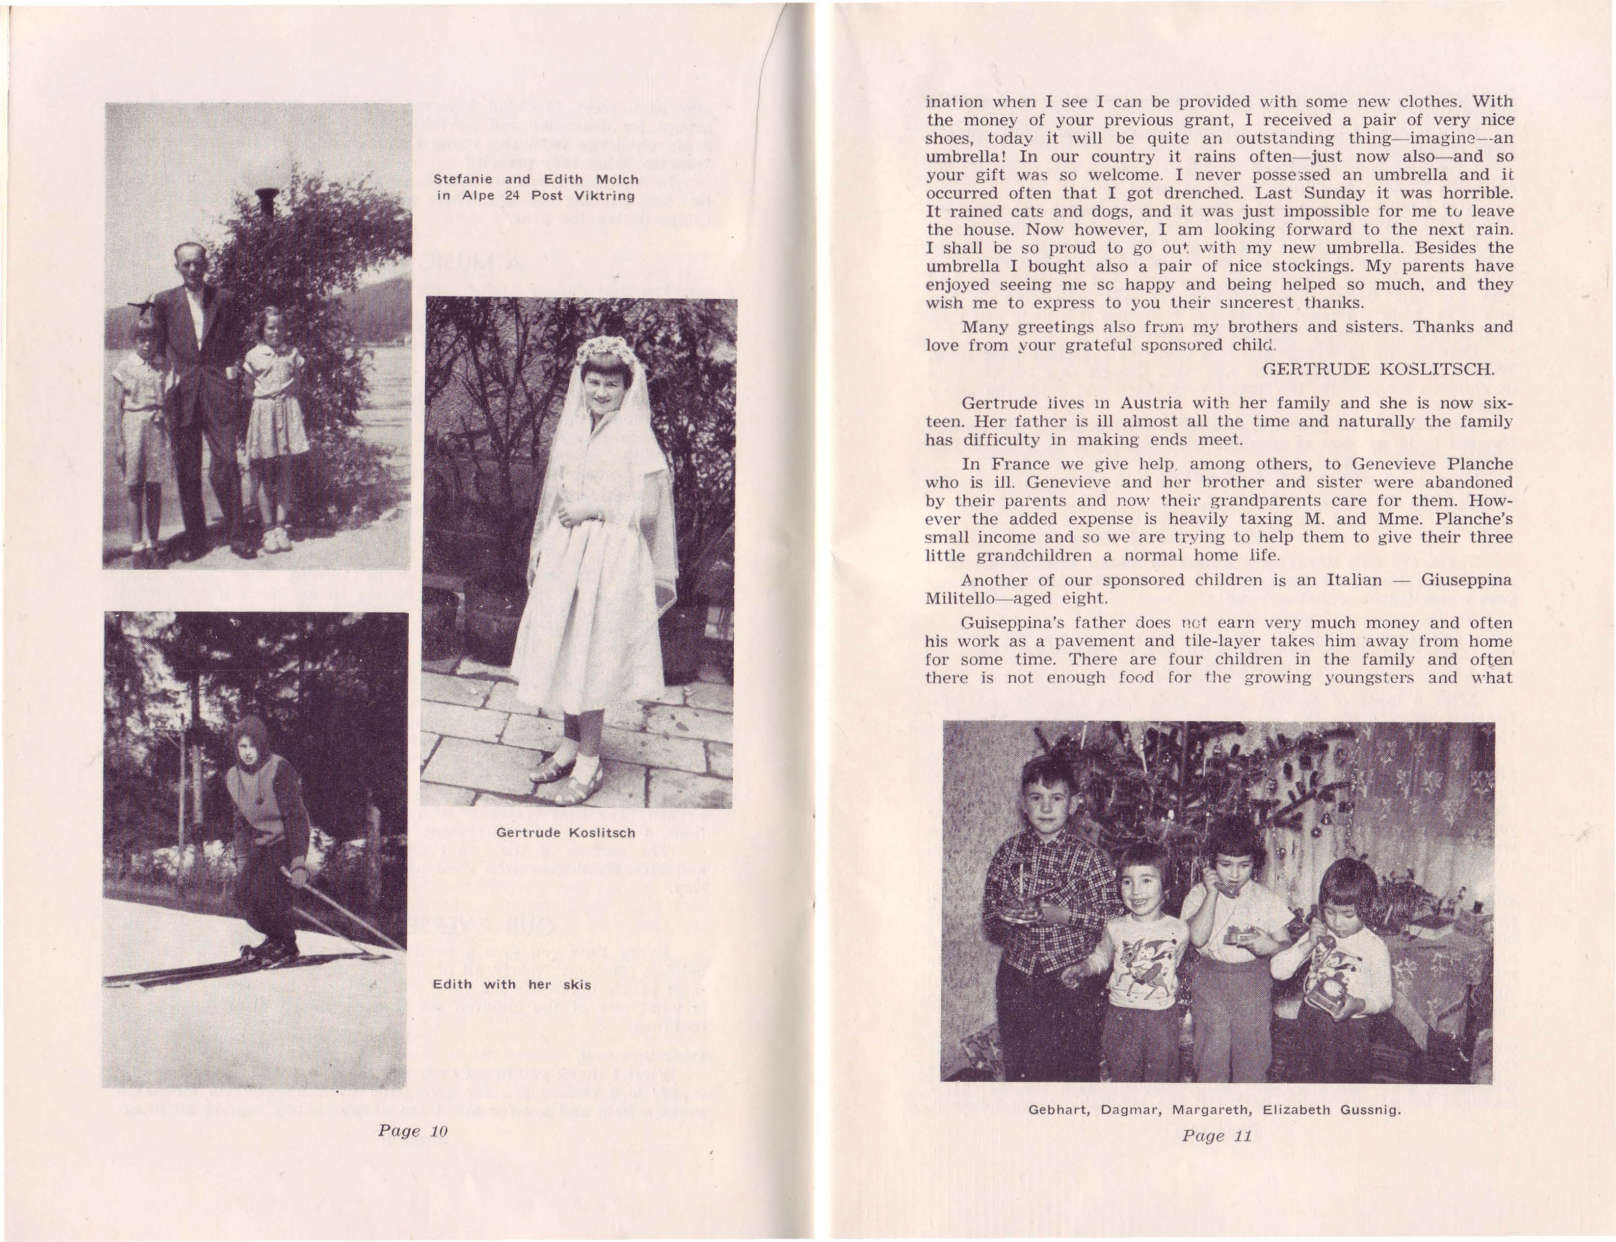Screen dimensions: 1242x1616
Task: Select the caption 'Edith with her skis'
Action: click(x=511, y=985)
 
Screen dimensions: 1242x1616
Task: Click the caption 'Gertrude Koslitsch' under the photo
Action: click(x=565, y=832)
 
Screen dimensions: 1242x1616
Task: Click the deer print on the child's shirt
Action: click(x=1145, y=966)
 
